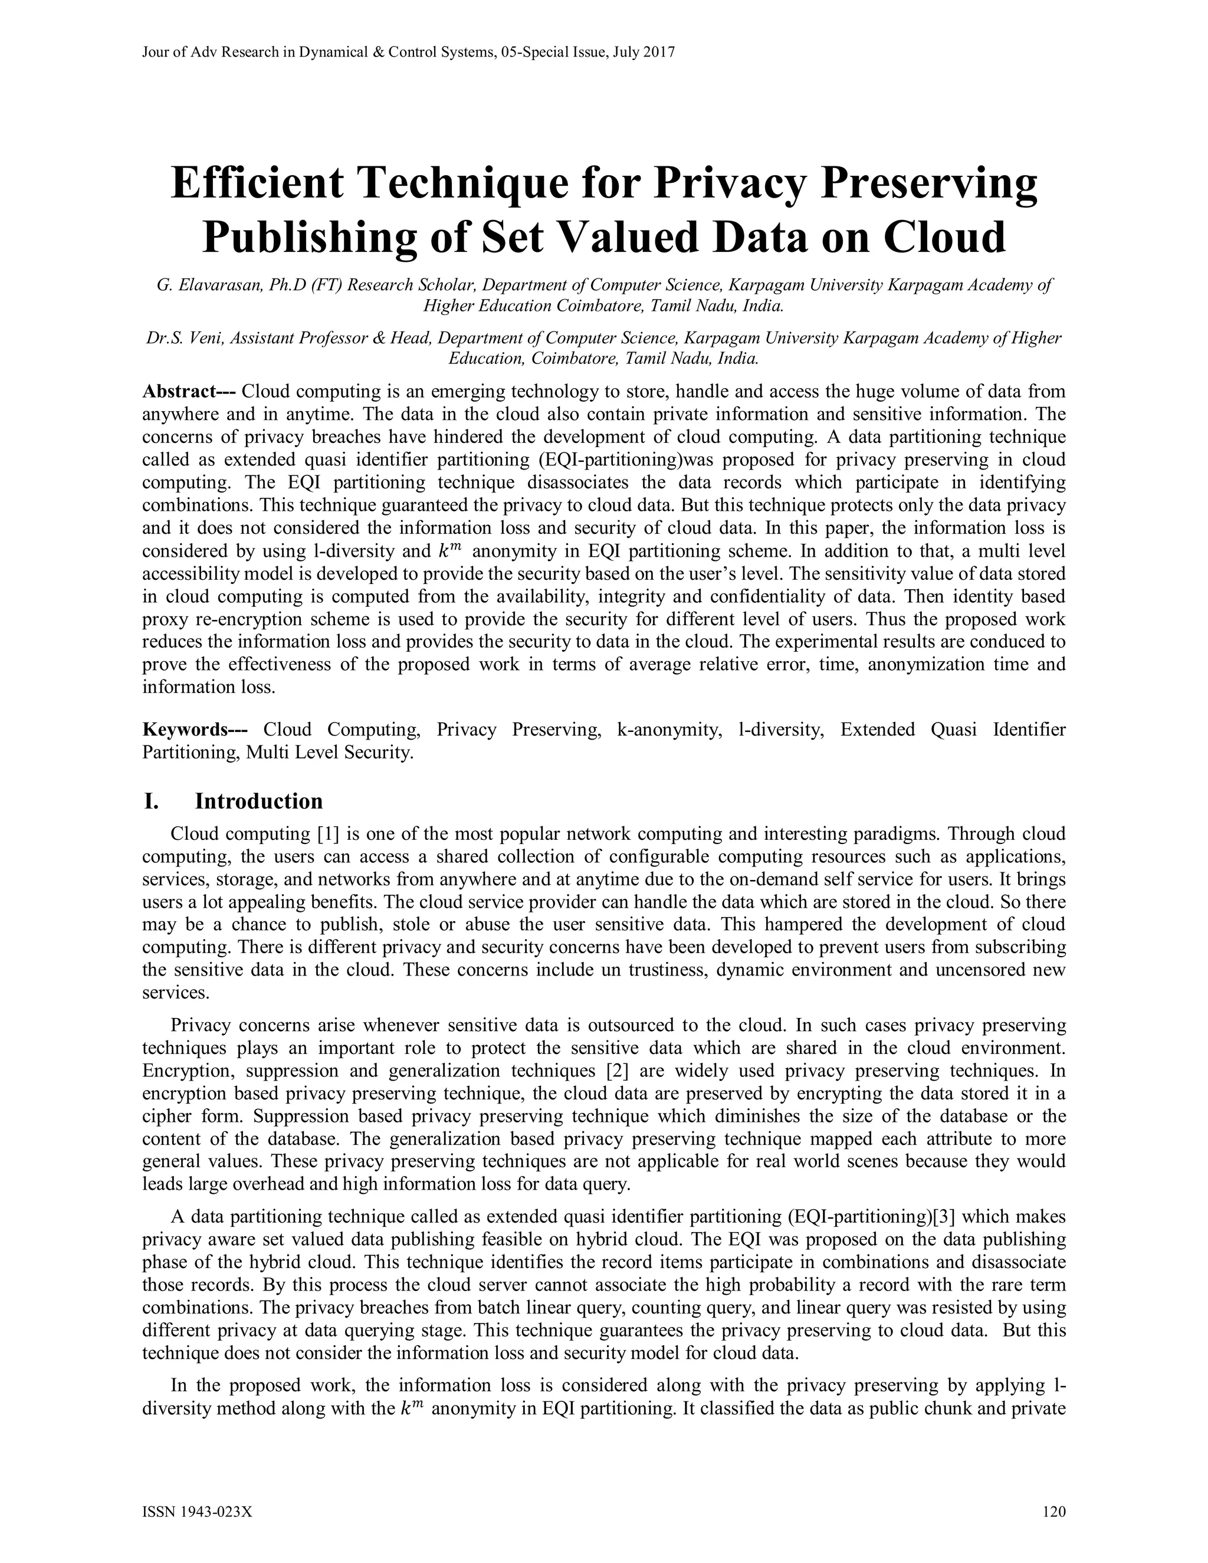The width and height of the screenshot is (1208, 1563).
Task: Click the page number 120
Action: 1054,1512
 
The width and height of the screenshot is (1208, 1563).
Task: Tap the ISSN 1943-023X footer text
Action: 198,1512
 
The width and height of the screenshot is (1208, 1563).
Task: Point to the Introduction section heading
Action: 259,801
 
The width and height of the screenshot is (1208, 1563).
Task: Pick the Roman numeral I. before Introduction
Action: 150,801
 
